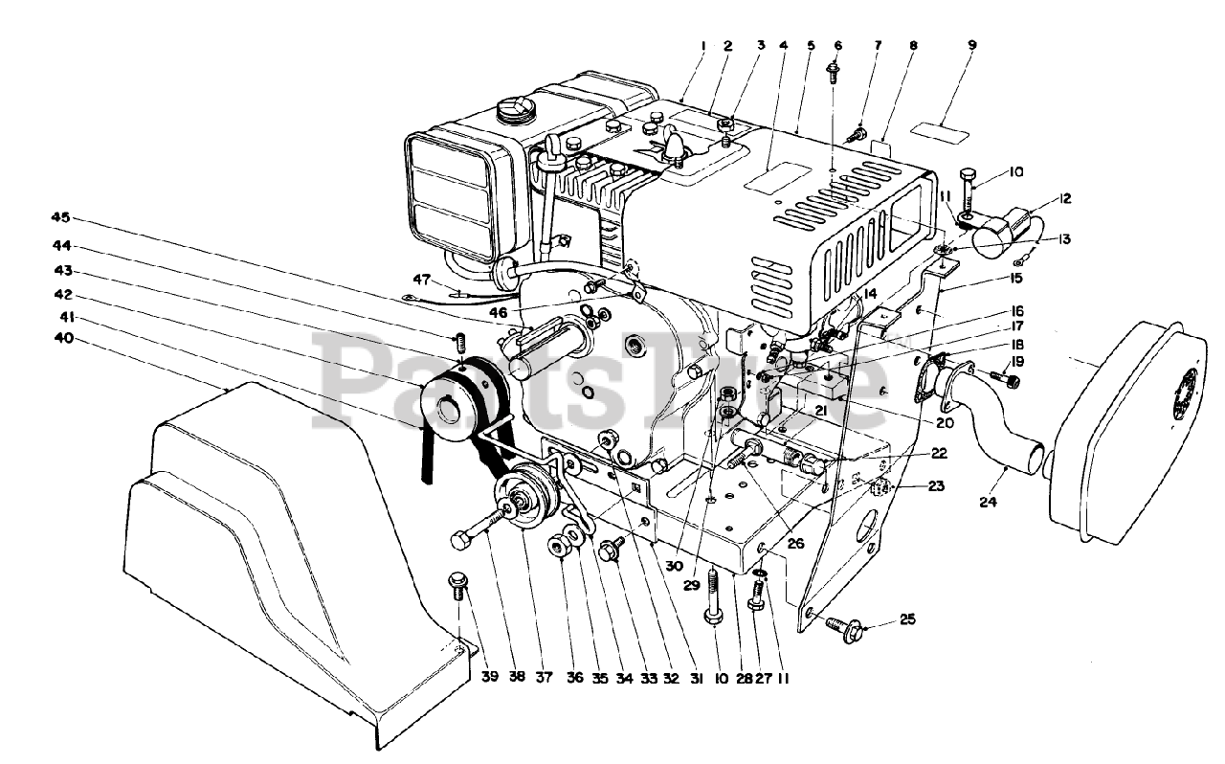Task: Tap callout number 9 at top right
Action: point(973,45)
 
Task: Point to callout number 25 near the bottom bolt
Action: point(907,620)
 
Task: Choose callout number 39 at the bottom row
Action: point(490,678)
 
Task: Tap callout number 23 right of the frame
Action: point(935,486)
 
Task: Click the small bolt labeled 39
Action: point(457,583)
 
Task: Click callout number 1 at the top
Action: point(703,45)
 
